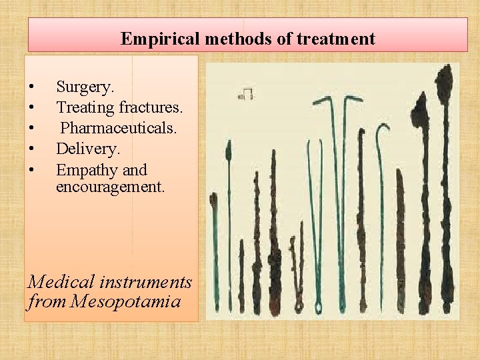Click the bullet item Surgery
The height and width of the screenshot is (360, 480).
[x=85, y=87]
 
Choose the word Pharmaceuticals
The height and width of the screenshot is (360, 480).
[x=119, y=127]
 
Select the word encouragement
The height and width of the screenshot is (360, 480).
[x=110, y=187]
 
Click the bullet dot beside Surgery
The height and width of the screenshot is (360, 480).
[x=31, y=87]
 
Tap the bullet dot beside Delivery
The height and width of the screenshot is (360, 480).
[x=31, y=147]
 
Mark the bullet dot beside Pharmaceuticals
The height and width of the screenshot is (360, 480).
[x=31, y=127]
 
